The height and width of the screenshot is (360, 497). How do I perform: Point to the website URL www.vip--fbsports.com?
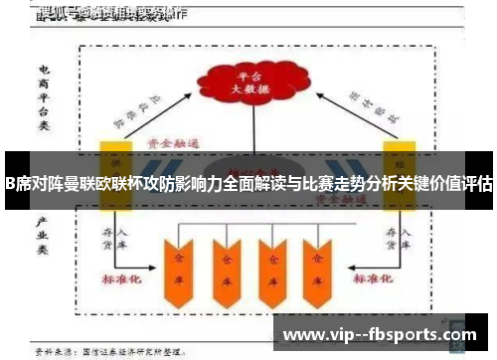coord(381,335)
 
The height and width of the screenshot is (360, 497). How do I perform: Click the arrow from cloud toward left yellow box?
coord(149,109)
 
